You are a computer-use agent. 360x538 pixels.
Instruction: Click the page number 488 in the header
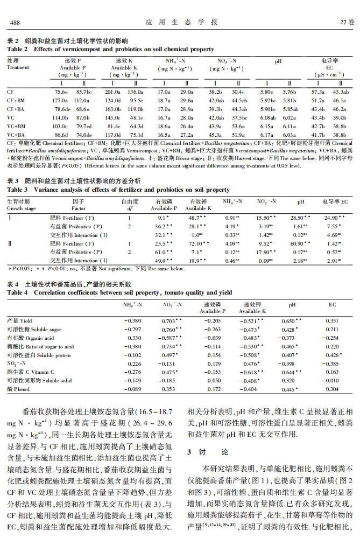point(15,22)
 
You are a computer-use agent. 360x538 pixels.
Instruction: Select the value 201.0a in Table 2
point(112,92)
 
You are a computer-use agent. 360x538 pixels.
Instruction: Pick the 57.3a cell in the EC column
point(318,92)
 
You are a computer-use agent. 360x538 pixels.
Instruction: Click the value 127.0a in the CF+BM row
point(60,100)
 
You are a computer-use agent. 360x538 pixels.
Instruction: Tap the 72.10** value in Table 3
point(197,243)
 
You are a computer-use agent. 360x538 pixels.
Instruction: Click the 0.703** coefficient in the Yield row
point(172,320)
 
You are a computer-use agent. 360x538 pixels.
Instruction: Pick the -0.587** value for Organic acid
point(172,338)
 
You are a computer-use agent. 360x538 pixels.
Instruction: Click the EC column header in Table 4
point(332,305)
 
